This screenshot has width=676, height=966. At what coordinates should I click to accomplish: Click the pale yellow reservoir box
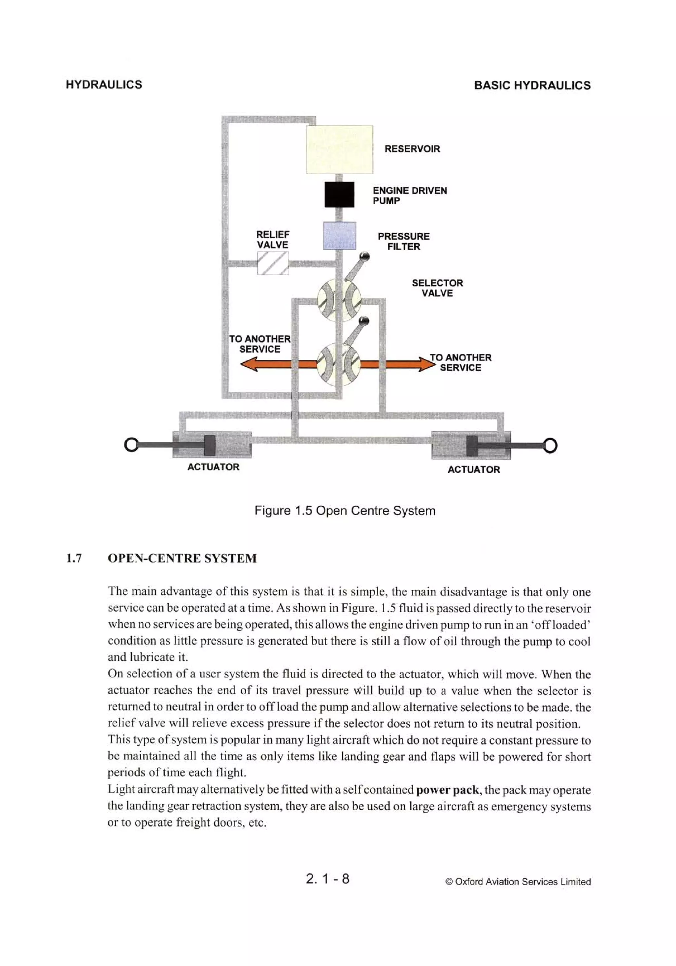[x=339, y=150]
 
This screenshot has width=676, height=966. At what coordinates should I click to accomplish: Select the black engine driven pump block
[x=339, y=194]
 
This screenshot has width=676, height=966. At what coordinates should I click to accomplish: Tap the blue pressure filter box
[x=339, y=236]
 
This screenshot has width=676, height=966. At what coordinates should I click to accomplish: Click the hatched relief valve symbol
[x=273, y=263]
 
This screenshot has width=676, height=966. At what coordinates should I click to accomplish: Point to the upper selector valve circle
[x=339, y=300]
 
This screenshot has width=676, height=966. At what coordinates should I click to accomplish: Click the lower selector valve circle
[x=339, y=364]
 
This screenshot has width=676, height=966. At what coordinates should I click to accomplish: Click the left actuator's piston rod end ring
[x=131, y=445]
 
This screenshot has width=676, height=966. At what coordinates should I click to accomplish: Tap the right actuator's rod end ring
[x=550, y=445]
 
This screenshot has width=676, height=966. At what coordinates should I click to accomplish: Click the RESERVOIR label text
[x=412, y=149]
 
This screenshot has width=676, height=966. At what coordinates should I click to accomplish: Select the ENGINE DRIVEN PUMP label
[x=409, y=196]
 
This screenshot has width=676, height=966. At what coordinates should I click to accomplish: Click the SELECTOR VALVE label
[x=437, y=288]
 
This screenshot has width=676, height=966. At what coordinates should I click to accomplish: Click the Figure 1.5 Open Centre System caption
[x=345, y=511]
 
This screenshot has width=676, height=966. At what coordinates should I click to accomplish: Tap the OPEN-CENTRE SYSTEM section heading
[x=182, y=558]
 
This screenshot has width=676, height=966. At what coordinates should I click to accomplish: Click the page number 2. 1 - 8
[x=327, y=879]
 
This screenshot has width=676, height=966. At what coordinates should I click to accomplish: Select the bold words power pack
[x=447, y=790]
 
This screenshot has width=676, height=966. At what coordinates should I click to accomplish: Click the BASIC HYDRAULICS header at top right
[x=532, y=85]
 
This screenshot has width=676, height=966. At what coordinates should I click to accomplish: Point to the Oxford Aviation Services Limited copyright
[x=518, y=882]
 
